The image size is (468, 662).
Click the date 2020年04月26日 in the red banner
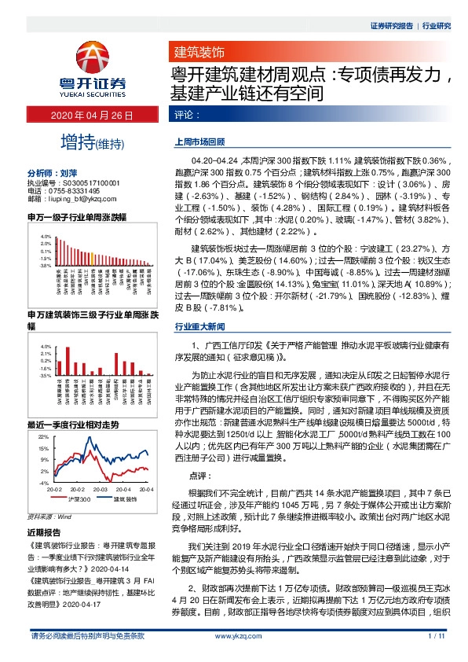tap(92, 115)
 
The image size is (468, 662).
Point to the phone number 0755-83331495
tap(75, 191)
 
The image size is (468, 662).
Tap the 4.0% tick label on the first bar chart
tap(46, 235)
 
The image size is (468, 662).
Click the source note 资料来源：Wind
tap(49, 517)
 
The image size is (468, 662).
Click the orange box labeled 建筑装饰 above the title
tap(199, 53)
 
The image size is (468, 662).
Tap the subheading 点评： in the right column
tap(199, 476)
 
